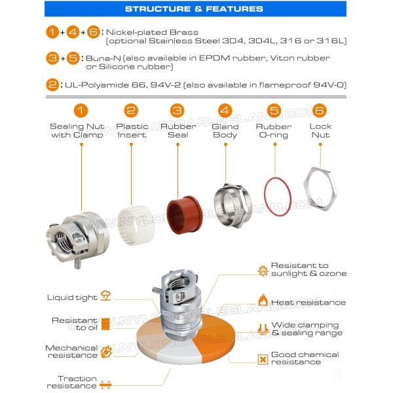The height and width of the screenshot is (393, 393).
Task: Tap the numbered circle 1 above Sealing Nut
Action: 81,111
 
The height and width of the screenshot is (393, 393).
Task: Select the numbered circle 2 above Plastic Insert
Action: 131,111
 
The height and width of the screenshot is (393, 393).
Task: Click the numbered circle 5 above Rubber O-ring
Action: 274,111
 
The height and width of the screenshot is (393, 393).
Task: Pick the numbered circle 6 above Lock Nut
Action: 320,111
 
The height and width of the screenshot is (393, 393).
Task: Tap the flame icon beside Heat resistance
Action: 263,301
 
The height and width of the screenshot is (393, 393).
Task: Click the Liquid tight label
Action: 71,297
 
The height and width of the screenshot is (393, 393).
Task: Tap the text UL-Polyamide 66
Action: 98,85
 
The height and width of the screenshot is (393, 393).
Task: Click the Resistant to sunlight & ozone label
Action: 309,269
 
